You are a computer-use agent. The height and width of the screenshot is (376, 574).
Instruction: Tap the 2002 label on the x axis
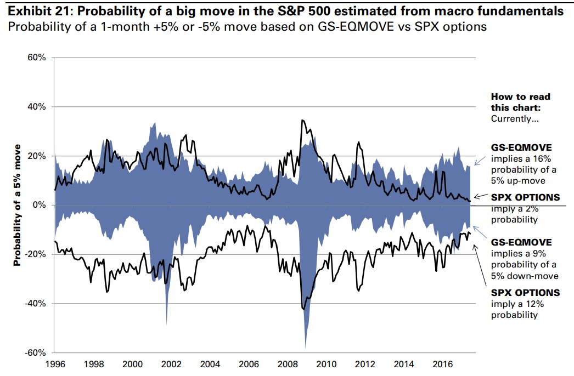point(171,364)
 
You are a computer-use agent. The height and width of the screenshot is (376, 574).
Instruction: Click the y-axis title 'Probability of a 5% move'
point(17,205)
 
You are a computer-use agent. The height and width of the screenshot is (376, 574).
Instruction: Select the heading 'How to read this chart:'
point(520,101)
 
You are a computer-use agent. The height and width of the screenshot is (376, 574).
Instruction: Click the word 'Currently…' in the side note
point(515,118)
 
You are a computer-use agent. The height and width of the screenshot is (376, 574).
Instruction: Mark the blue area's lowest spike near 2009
point(305,347)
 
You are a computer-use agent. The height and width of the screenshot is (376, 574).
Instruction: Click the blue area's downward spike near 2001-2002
point(166,324)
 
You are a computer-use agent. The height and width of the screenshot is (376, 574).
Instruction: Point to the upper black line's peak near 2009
point(302,120)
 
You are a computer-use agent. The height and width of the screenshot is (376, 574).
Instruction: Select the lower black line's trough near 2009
point(305,310)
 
